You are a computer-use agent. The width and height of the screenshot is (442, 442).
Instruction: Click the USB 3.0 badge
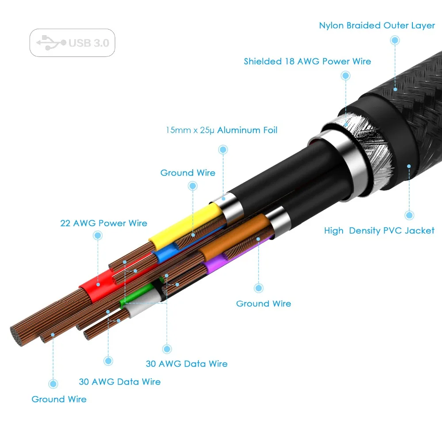[x=72, y=43]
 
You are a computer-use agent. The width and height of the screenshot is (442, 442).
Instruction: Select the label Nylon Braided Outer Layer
[x=377, y=25]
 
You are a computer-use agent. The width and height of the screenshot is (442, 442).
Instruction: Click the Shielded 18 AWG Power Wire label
[x=307, y=61]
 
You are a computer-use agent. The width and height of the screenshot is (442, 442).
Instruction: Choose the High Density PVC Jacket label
[x=379, y=230]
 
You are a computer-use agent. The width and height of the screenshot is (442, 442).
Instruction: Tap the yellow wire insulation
[x=186, y=224]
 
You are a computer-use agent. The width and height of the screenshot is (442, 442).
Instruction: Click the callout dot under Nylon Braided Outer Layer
[x=395, y=40]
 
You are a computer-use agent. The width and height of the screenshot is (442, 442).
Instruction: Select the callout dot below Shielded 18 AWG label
[x=345, y=76]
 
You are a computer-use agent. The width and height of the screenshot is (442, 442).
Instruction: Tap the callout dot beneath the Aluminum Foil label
[x=223, y=149]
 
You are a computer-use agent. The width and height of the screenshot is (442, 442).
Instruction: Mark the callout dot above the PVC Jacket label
[x=409, y=215]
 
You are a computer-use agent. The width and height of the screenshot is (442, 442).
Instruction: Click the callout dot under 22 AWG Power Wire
[x=98, y=236]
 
